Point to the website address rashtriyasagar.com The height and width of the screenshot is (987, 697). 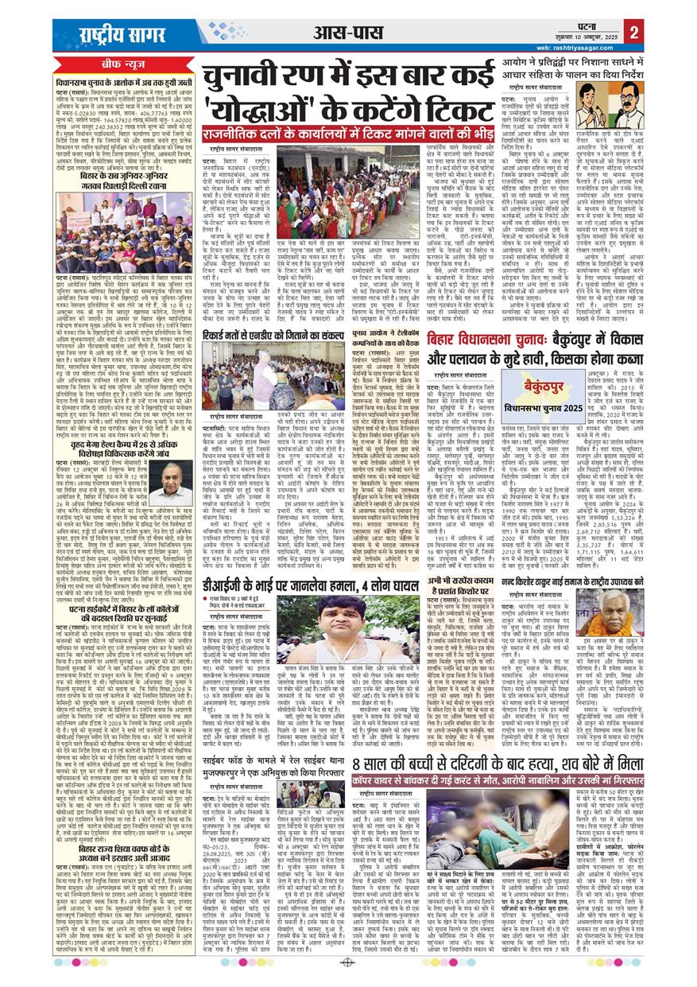pyautogui.click(x=581, y=46)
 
